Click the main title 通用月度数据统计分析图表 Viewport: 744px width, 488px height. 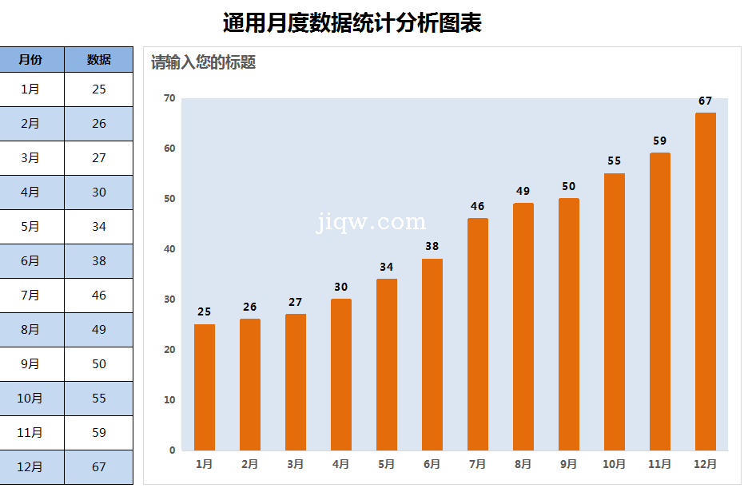point(352,23)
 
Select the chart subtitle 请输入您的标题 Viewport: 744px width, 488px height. point(204,62)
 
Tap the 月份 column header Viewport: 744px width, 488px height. point(30,60)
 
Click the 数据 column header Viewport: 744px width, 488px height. point(99,60)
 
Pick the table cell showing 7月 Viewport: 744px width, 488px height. point(30,296)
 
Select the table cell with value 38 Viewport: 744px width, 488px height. point(99,261)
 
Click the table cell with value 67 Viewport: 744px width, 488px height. point(99,467)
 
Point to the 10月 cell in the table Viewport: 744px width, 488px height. point(30,399)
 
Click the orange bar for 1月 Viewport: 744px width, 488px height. point(205,387)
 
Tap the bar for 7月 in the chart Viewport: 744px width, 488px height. point(478,335)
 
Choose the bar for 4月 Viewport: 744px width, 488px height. point(341,375)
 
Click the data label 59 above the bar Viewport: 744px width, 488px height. point(659,141)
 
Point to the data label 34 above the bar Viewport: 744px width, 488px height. point(387,267)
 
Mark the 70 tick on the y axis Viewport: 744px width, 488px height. point(169,98)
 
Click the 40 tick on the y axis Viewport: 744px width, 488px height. point(169,249)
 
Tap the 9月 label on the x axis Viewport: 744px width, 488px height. point(569,464)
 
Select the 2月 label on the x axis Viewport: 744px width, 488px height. point(250,464)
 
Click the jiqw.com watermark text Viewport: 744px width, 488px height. point(372,222)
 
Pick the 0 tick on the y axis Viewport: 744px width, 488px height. point(172,450)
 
